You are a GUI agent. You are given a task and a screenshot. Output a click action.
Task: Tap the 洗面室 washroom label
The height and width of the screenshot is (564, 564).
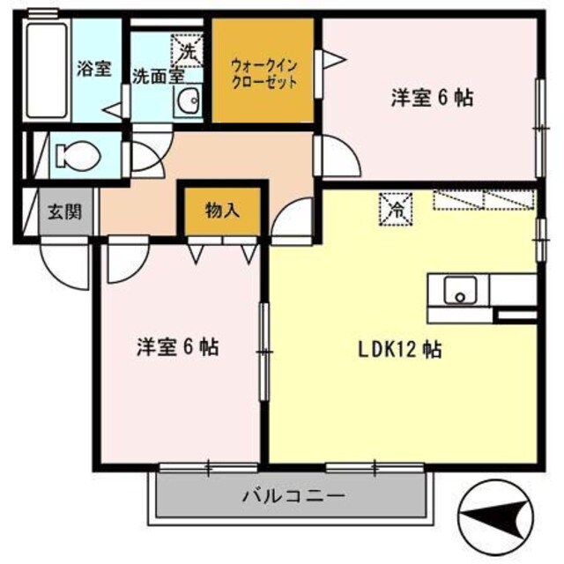click(x=158, y=75)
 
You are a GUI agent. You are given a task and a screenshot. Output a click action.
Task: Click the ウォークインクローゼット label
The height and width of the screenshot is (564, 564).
click(x=263, y=72)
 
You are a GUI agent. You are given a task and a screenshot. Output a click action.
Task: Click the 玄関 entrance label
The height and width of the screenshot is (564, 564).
click(x=63, y=212)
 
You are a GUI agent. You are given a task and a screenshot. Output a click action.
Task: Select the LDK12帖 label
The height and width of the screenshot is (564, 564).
click(x=399, y=349)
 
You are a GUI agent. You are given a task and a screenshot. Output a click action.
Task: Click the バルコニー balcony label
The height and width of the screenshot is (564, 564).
click(x=293, y=495)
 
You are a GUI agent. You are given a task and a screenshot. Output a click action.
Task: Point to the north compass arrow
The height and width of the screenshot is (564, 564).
click(x=498, y=516)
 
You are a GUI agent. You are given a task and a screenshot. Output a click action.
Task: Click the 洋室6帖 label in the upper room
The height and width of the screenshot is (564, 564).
click(x=432, y=98)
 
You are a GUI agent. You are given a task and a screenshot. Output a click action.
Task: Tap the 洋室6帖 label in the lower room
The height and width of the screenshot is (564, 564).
click(x=177, y=346)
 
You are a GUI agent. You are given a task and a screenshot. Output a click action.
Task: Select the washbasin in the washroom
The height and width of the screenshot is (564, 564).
click(x=189, y=103)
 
